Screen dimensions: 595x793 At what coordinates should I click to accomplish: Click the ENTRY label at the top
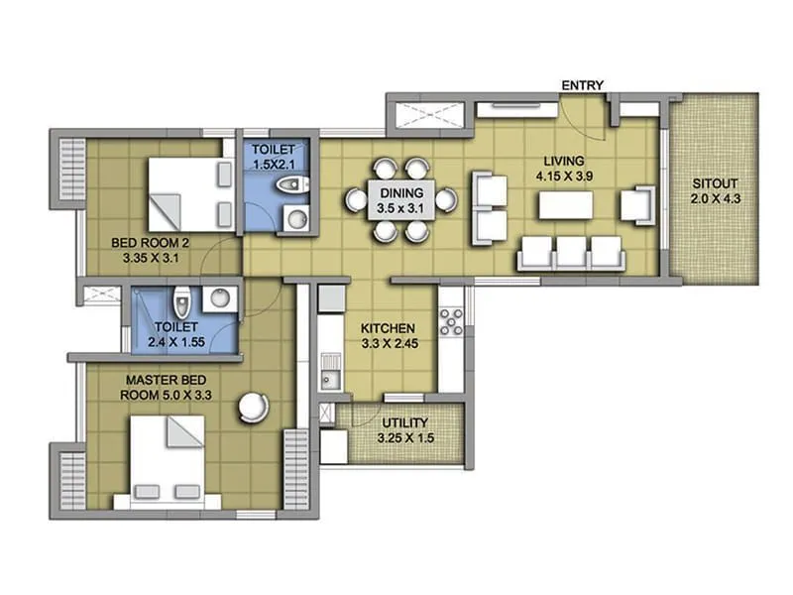(x=583, y=85)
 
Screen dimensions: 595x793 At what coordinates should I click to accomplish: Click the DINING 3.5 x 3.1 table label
(x=401, y=200)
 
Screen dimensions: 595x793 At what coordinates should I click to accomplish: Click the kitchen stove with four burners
(x=451, y=321)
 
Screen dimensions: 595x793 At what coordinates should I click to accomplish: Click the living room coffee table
(x=566, y=205)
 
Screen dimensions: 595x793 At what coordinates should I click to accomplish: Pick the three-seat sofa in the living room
(x=570, y=253)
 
